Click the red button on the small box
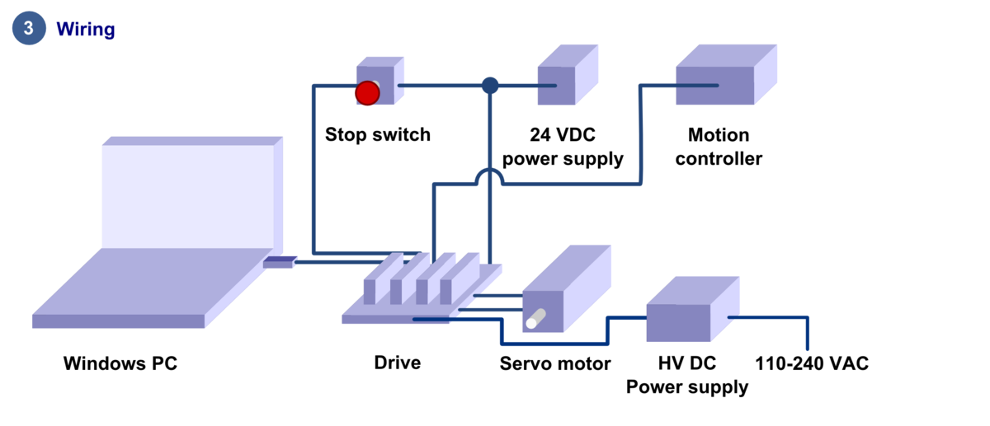pos(367,93)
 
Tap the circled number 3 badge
pos(29,28)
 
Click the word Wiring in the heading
pos(85,30)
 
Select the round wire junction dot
pos(490,86)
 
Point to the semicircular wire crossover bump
pos(489,174)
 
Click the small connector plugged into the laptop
pos(279,263)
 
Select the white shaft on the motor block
pos(535,318)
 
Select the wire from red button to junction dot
pos(441,86)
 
